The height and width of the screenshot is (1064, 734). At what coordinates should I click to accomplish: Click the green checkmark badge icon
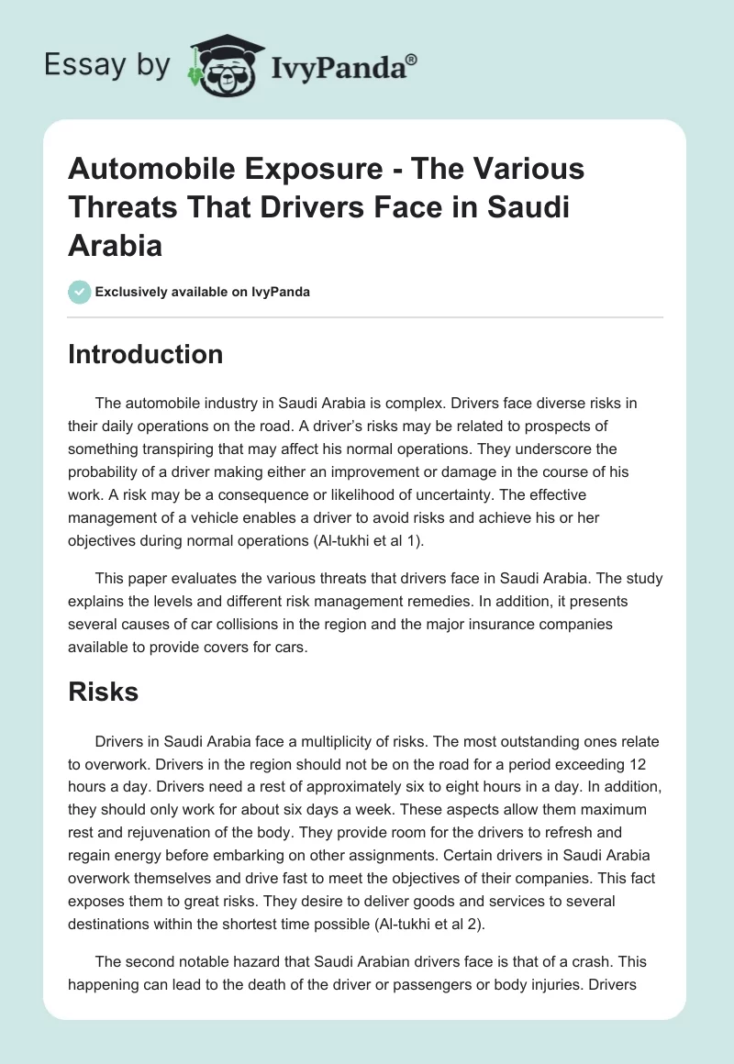79,292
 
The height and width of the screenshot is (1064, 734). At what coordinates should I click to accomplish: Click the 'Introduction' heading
145,355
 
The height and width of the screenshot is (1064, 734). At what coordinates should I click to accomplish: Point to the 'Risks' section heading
103,692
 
